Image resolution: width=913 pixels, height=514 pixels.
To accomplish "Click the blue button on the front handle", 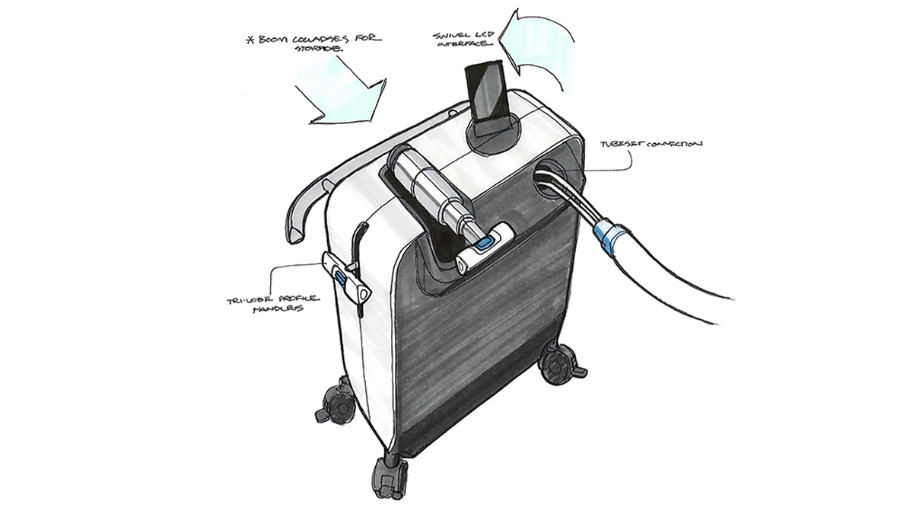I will tap(485, 244).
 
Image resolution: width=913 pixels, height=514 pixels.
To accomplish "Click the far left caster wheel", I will tap(331, 404).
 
